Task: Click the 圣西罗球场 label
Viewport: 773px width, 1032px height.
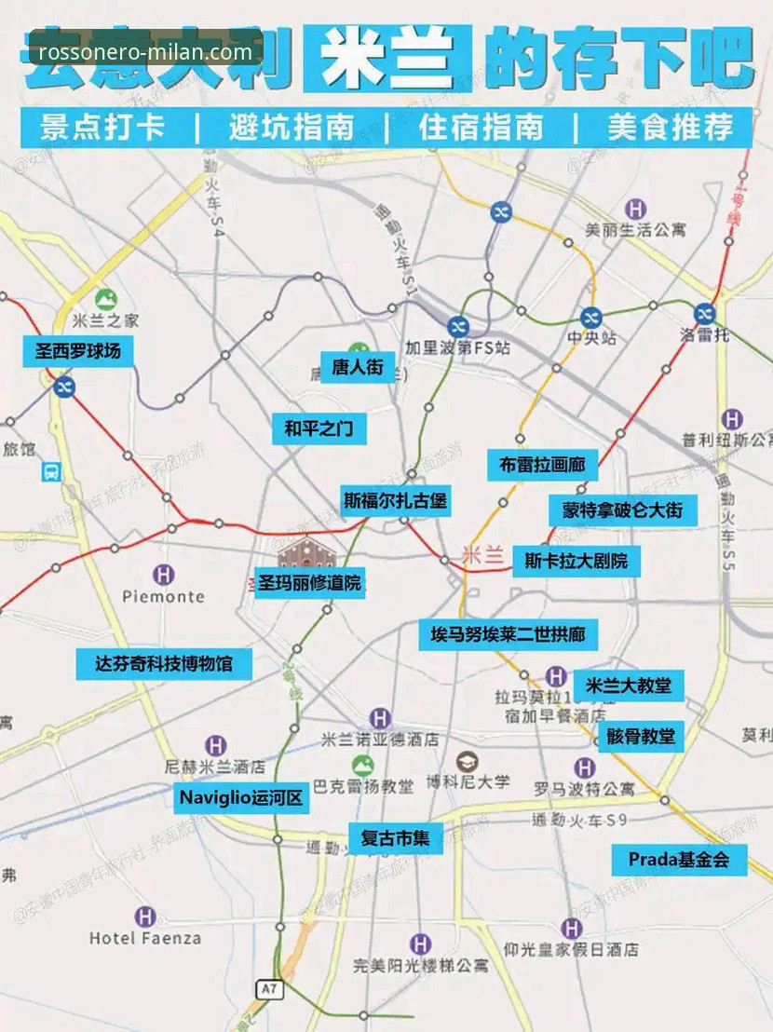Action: click(x=78, y=351)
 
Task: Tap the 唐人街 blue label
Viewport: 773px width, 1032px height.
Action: click(x=358, y=367)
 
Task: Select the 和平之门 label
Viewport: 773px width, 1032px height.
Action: click(x=319, y=429)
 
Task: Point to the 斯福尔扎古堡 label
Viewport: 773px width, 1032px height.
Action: click(x=395, y=500)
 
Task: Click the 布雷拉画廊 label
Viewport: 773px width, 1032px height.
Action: click(x=542, y=465)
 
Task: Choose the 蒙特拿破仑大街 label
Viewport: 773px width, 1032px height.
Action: click(x=622, y=509)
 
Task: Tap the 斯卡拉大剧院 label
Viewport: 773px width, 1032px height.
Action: click(x=576, y=562)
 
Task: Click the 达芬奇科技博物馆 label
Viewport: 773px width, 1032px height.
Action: click(x=164, y=664)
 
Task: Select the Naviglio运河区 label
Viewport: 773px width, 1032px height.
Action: click(x=242, y=797)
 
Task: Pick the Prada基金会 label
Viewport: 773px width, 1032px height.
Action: click(x=679, y=859)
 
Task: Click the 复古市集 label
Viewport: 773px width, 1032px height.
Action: click(x=395, y=837)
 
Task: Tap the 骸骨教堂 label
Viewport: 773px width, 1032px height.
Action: click(x=640, y=736)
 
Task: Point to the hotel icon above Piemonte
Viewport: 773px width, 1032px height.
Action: click(x=163, y=575)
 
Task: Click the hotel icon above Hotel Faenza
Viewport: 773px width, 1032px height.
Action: click(x=144, y=917)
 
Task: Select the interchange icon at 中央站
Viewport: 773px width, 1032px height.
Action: click(x=589, y=318)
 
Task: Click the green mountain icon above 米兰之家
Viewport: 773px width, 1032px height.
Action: click(x=105, y=300)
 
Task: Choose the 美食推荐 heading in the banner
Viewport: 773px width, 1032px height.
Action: click(x=671, y=128)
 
